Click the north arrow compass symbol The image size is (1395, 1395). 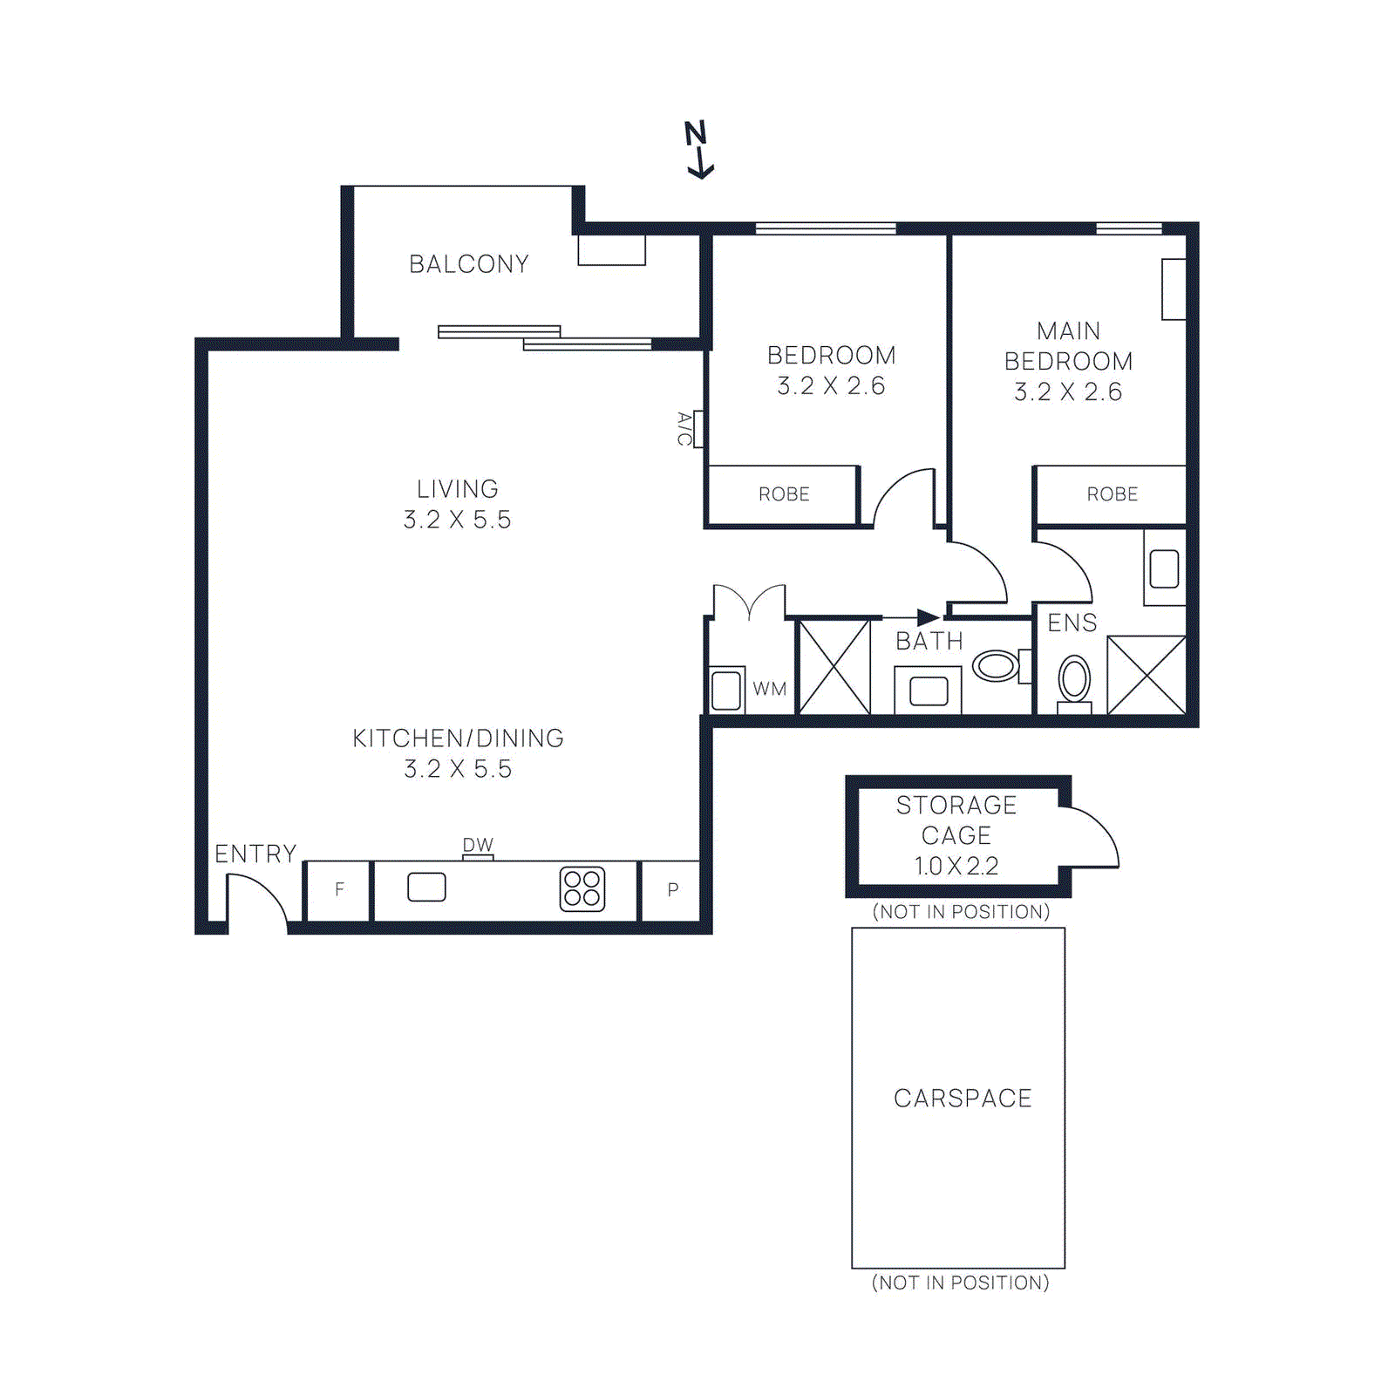(x=697, y=150)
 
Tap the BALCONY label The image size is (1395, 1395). (x=469, y=264)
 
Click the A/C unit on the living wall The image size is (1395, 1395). (x=697, y=429)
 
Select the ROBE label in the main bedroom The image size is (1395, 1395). (x=1112, y=494)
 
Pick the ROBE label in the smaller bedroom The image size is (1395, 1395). (x=784, y=494)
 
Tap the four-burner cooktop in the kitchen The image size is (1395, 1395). (x=582, y=889)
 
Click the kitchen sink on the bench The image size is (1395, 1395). (x=426, y=888)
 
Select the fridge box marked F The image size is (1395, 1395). (x=339, y=890)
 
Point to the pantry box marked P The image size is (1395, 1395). (x=672, y=890)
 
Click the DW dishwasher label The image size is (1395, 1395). (x=478, y=845)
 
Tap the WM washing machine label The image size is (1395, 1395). (x=769, y=689)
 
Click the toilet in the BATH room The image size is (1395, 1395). (x=997, y=666)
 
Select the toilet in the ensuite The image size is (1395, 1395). (x=1074, y=679)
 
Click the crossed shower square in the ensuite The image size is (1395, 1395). (x=1146, y=675)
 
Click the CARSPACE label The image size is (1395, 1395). (x=963, y=1099)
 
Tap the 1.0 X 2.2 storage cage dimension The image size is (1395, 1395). (x=956, y=866)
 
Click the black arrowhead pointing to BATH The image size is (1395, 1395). (x=928, y=617)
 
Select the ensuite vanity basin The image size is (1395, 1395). (x=1164, y=569)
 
